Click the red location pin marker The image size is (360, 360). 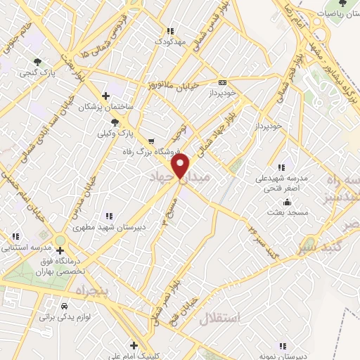(181, 167)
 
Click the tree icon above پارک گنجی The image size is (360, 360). (37, 62)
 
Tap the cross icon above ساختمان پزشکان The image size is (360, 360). (105, 96)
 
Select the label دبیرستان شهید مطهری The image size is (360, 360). (108, 227)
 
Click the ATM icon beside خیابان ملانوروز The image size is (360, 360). (222, 82)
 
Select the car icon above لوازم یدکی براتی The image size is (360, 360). (64, 307)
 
